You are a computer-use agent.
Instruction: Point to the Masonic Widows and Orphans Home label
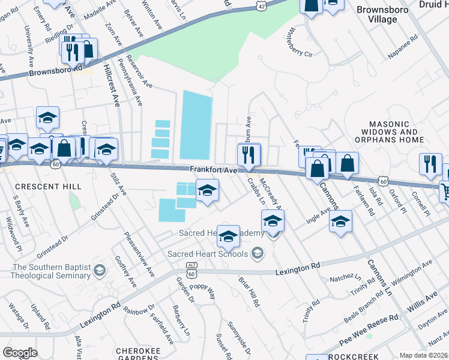pos(390,136)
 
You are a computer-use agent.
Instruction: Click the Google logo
pos(20,353)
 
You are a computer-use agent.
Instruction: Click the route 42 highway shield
pos(261,5)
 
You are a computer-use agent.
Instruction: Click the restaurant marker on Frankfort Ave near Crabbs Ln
pos(249,155)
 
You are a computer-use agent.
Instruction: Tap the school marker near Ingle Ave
pos(340,223)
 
